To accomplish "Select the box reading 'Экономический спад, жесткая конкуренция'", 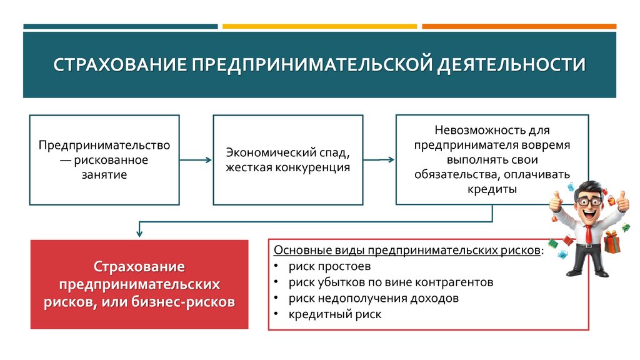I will click(287, 160).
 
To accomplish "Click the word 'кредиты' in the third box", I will click(492, 189).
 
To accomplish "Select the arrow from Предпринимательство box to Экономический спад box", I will click(196, 160).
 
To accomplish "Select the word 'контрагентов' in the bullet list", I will click(460, 282).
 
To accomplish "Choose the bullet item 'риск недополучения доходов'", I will click(373, 299).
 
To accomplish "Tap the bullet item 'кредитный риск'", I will click(334, 315).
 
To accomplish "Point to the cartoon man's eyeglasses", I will click(589, 201).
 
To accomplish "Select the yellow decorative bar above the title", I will click(319, 26).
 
